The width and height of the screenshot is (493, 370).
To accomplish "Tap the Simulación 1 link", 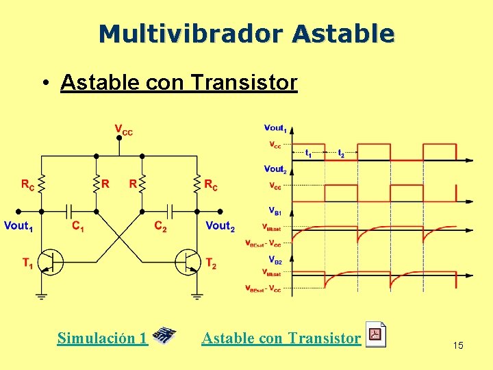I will (102, 338).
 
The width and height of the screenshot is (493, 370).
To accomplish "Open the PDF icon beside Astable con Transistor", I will (375, 334).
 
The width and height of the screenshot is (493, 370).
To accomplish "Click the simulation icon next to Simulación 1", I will (164, 336).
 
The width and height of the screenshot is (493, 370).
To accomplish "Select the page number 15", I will (458, 345).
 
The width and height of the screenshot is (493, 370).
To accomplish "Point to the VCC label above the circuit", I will (123, 129).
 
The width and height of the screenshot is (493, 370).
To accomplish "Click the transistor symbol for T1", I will (49, 262).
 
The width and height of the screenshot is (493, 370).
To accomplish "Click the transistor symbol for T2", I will (189, 262).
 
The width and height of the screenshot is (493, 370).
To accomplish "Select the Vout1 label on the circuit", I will (19, 226).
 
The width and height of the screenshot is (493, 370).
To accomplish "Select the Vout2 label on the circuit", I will (220, 226).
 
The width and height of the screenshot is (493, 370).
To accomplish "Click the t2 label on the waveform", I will (340, 154).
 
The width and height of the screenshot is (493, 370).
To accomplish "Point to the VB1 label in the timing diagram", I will (274, 212).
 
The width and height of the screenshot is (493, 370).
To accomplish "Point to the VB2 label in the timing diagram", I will (274, 261).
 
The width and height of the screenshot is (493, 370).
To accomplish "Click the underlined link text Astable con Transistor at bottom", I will (281, 338).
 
